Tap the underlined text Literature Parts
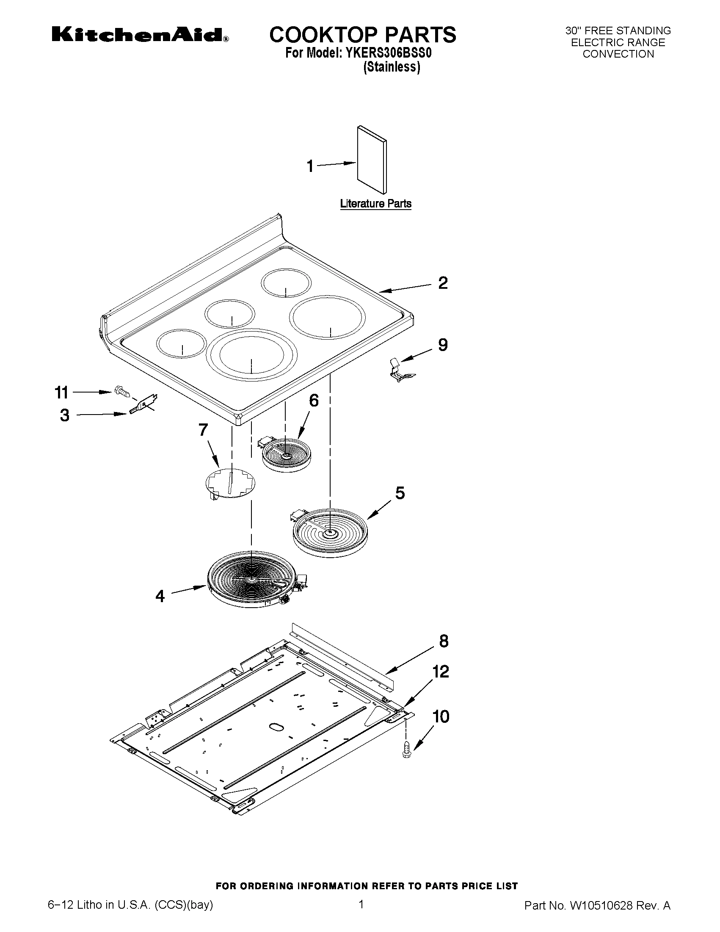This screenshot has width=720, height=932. click(376, 204)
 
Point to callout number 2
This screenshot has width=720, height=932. click(443, 283)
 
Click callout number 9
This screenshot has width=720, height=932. click(443, 344)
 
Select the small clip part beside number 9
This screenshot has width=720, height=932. click(400, 370)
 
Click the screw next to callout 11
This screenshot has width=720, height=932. click(121, 391)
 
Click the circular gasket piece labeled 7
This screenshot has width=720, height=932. click(230, 483)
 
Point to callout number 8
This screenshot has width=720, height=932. click(444, 642)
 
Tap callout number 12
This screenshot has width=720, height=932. click(441, 672)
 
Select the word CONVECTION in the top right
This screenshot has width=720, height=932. click(618, 54)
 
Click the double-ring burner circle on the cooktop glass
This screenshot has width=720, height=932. click(252, 354)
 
